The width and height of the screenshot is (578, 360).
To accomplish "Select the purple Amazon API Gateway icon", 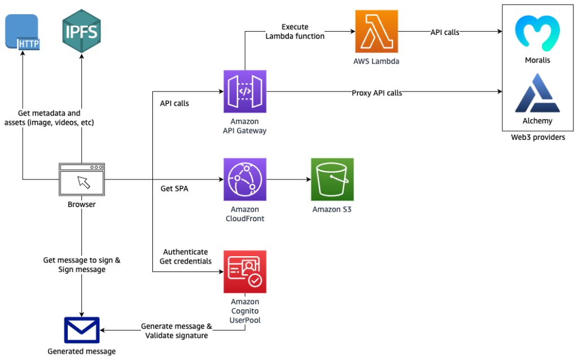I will point(245,91).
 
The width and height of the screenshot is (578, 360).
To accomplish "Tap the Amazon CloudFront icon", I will point(245,179).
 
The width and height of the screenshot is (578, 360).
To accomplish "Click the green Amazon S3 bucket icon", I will point(332,179).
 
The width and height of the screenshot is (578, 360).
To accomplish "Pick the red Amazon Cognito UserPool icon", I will point(245,271).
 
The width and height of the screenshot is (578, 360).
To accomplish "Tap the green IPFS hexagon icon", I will point(81,30).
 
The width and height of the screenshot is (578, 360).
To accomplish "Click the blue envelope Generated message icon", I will point(82,330).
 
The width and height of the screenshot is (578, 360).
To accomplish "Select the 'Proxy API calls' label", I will point(376,93).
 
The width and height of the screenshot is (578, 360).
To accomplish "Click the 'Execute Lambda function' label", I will point(295,32).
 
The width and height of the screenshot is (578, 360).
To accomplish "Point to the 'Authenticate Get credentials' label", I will point(186,256).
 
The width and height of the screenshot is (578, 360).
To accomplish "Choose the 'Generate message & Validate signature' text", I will point(177,331).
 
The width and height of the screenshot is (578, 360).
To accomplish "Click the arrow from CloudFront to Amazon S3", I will point(288,180).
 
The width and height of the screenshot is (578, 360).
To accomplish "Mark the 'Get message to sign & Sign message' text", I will point(82,265).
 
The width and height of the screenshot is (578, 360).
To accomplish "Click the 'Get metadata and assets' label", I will point(49,118).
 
